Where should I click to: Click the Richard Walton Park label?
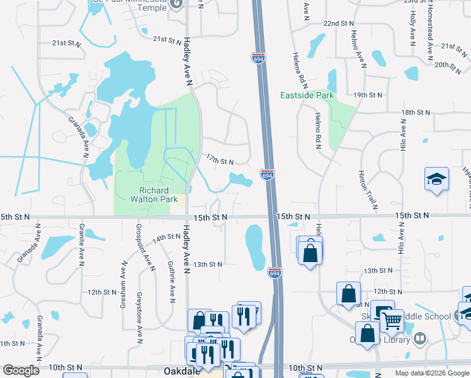coord(154,195)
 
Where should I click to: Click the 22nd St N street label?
coord(339,23)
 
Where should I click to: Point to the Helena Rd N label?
coord(295,70)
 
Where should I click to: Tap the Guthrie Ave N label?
coord(171,282)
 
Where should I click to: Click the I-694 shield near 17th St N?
coord(267,176)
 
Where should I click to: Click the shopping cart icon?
coord(392,321)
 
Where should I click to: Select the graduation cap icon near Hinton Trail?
coord(436,180)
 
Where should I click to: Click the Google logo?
coord(21,370)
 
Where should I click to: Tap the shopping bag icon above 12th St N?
coord(348,294)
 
